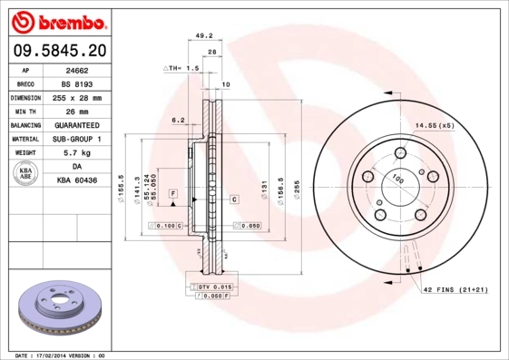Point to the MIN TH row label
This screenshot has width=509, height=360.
(x=24, y=111)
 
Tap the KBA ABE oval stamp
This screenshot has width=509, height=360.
(x=26, y=175)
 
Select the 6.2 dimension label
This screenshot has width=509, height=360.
(x=178, y=119)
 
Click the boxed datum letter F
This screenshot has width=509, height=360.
(x=171, y=194)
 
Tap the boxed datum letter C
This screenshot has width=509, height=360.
(x=233, y=199)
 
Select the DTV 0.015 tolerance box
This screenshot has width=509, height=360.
(x=211, y=286)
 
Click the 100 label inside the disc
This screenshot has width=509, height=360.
(x=396, y=180)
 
